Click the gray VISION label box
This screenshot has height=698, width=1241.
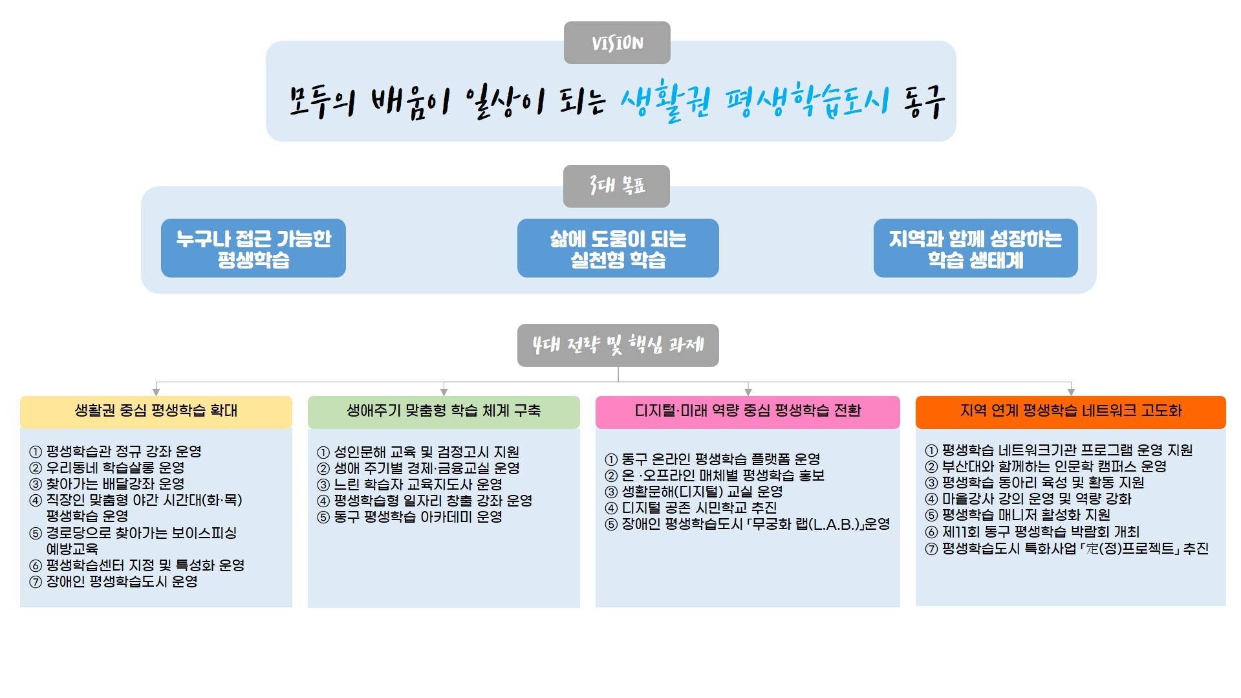(x=617, y=43)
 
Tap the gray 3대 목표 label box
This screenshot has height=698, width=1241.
(x=616, y=186)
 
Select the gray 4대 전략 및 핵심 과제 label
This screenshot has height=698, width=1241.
(x=618, y=345)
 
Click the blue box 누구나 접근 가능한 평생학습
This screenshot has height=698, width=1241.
(x=253, y=248)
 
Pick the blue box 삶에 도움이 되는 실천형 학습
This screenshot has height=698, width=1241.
(x=618, y=248)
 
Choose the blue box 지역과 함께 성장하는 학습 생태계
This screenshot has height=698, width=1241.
(x=975, y=248)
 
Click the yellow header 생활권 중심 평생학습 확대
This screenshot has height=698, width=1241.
(x=156, y=411)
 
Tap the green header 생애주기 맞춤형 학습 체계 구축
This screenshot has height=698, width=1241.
(x=444, y=411)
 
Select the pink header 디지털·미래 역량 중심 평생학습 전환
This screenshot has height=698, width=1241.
(x=748, y=411)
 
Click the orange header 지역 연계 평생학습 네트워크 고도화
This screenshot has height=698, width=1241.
(x=1070, y=411)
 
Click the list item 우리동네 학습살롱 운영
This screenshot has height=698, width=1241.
(x=115, y=468)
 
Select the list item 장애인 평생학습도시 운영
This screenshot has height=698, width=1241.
(x=122, y=582)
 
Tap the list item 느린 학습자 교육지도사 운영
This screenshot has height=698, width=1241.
(x=418, y=485)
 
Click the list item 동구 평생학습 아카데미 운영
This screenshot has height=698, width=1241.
(x=418, y=517)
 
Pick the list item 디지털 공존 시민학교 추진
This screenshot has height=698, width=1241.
(x=699, y=508)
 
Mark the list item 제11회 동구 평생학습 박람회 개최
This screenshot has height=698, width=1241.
(x=1041, y=532)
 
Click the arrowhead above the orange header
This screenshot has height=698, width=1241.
(x=1071, y=391)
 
